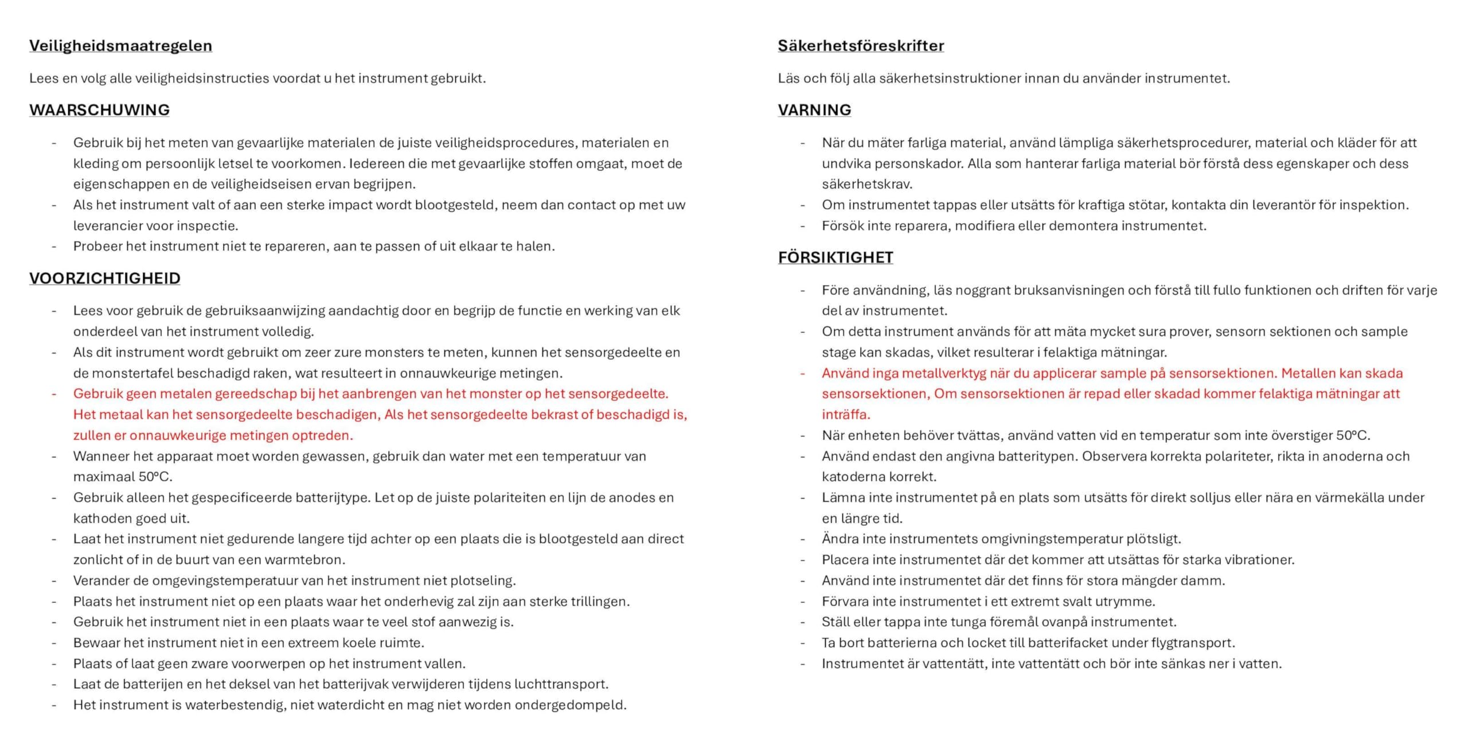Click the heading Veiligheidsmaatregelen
point(120,46)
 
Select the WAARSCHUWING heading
point(99,110)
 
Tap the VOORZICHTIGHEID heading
point(104,278)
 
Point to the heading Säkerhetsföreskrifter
point(860,46)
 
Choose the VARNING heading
point(814,110)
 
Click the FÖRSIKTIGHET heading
point(835,258)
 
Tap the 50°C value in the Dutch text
point(155,477)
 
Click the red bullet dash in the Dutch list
point(54,394)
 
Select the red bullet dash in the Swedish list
point(802,373)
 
